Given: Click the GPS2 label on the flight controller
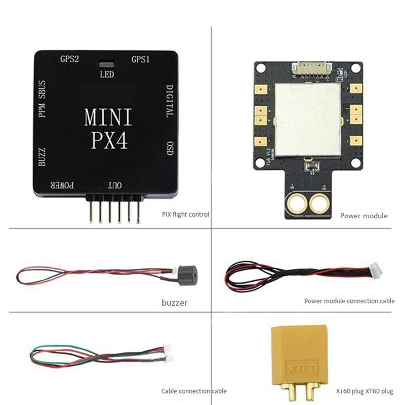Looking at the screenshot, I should coord(69,59).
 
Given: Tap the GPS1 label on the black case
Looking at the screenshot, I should coord(140,59).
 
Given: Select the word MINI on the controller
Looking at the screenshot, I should coord(108,117).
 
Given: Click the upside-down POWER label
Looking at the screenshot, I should coord(62,186).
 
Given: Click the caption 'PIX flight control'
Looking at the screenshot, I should coord(185,214).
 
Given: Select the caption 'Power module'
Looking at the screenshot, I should coord(363,216).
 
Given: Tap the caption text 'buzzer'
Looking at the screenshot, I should coord(175,303).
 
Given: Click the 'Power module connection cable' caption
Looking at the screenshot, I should coord(349,301).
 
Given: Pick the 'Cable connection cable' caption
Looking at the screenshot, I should coord(194,391).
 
